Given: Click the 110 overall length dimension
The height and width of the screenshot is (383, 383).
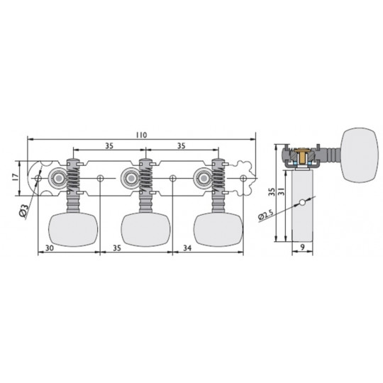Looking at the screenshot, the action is [141, 135].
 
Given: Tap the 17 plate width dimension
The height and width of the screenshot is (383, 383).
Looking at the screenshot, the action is [15, 177].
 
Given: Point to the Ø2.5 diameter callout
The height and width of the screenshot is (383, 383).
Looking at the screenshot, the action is [265, 215].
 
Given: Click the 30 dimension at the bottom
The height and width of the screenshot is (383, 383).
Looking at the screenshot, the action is [50, 248].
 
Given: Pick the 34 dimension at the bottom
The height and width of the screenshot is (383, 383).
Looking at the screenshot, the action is [187, 248].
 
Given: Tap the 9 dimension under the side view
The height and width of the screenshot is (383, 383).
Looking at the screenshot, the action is [302, 248].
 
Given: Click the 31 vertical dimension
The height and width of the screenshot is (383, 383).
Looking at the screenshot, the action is [282, 191].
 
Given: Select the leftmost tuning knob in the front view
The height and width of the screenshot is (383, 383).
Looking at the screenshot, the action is [73, 229].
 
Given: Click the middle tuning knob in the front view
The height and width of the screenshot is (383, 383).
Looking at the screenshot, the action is [145, 229].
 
